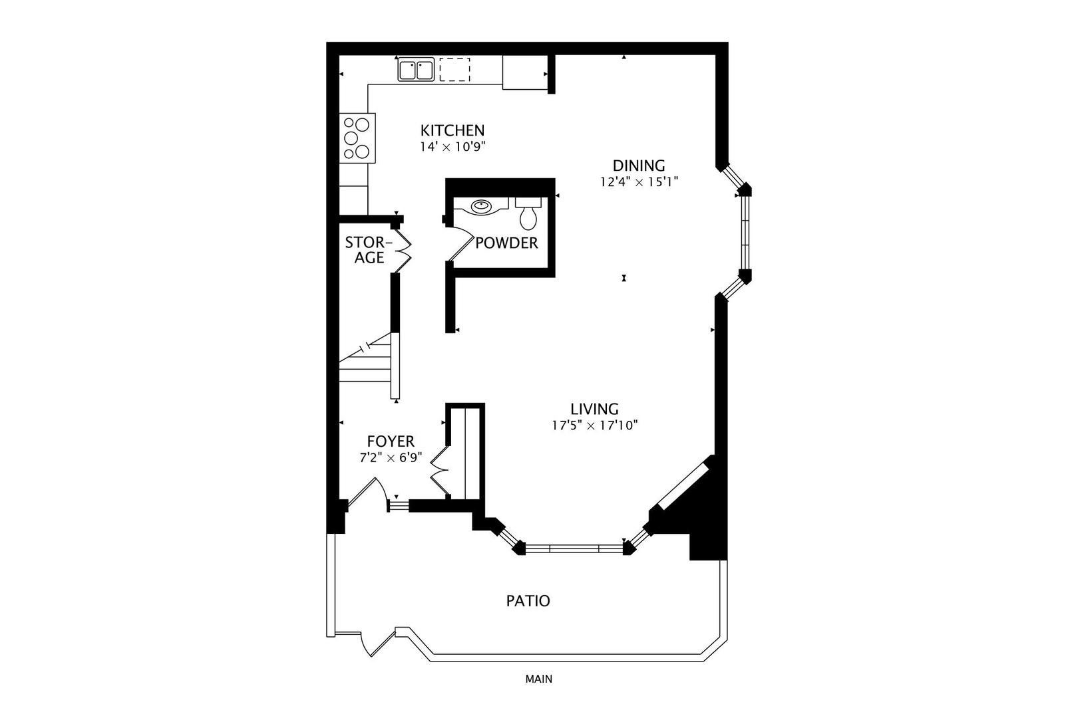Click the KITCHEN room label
pos(452,130)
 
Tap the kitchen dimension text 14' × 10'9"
pos(452,147)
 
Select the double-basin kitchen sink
pos(416,69)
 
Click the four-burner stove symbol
pos(357,138)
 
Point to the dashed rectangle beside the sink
pos(455,69)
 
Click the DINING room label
pos(638,166)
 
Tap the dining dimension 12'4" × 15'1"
pos(638,181)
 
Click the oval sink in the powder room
pos(481,206)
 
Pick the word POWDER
pos(506,243)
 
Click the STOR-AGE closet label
pos(368,250)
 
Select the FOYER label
pos(391,441)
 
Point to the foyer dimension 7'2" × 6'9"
pos(391,457)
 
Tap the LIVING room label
pos(594,409)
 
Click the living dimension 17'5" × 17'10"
pos(594,425)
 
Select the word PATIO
pos(528,601)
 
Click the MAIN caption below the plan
pos(538,679)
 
